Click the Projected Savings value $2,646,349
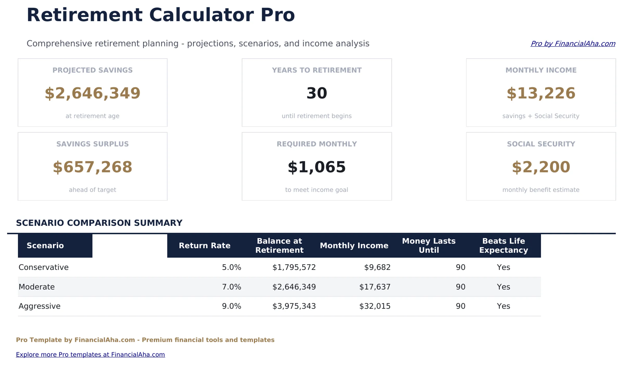pos(92,93)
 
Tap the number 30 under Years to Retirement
pos(316,93)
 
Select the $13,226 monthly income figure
pos(541,93)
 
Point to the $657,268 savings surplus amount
pos(92,167)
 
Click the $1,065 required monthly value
pos(316,167)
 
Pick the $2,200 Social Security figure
pos(541,167)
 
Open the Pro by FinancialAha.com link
pos(573,44)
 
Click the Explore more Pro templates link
pos(90,355)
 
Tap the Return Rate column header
pos(205,245)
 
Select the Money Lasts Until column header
pos(429,245)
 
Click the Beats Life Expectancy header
pos(503,245)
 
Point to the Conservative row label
pos(44,267)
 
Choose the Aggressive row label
pos(39,306)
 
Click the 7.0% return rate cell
pos(231,287)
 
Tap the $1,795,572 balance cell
pos(294,267)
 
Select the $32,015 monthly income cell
pos(375,306)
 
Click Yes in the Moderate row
pos(503,287)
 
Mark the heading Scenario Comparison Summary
pos(99,223)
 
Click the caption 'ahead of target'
pos(92,190)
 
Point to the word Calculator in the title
pos(201,15)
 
